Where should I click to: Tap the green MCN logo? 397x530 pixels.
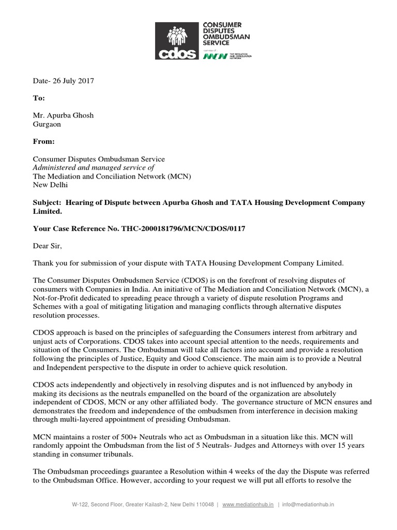click(x=215, y=56)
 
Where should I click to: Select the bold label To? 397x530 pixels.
click(x=39, y=98)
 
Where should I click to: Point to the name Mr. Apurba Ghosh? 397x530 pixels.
click(x=63, y=115)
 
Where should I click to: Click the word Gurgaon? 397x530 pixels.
click(x=47, y=124)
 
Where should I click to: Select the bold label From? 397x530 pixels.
click(x=44, y=141)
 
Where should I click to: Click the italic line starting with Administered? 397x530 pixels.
click(x=94, y=168)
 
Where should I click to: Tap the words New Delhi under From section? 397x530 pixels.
click(x=50, y=185)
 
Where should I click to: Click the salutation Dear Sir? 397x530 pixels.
click(x=47, y=246)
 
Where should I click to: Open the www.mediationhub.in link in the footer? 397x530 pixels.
click(x=248, y=504)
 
